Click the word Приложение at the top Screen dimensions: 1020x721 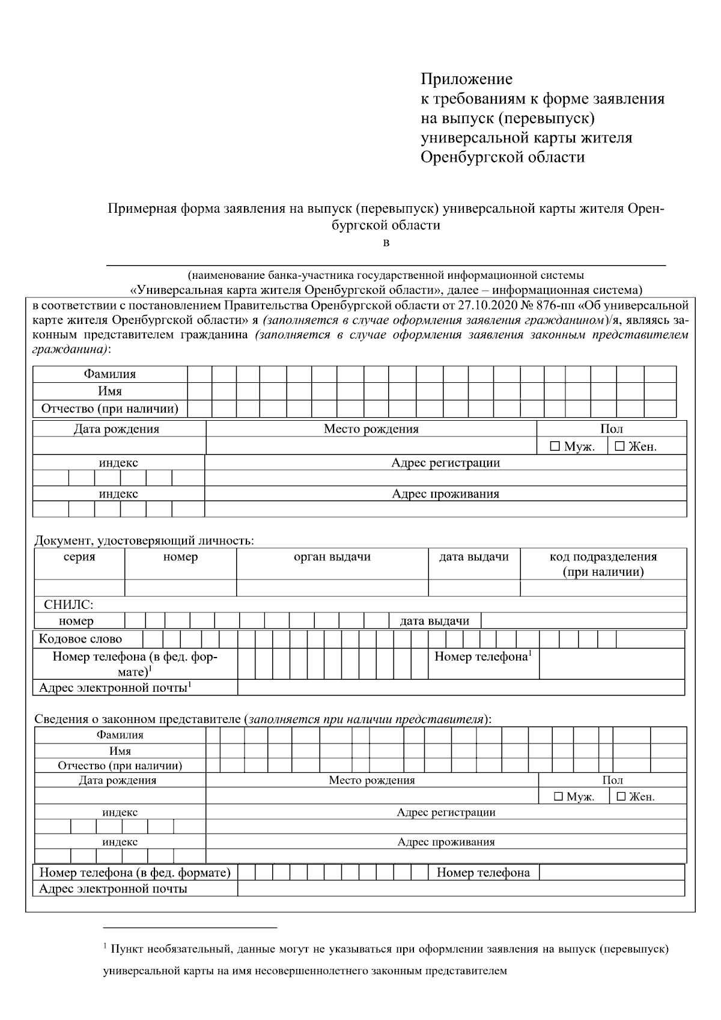pyautogui.click(x=466, y=79)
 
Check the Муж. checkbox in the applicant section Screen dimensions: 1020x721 pyautogui.click(x=555, y=447)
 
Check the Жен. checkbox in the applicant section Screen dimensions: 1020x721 pyautogui.click(x=619, y=447)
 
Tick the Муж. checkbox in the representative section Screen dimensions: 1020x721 pyautogui.click(x=558, y=796)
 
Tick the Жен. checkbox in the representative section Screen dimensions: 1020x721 pyautogui.click(x=621, y=796)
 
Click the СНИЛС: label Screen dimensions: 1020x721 pyautogui.click(x=68, y=605)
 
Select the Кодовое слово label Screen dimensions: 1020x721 pyautogui.click(x=80, y=639)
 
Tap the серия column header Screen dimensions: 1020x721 pyautogui.click(x=79, y=557)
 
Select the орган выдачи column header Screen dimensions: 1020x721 pyautogui.click(x=332, y=557)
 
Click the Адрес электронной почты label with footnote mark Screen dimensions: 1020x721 pyautogui.click(x=115, y=688)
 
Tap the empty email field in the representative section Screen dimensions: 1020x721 pyautogui.click(x=460, y=888)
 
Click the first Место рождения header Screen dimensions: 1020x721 pyautogui.click(x=371, y=429)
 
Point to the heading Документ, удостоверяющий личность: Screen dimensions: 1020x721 pyautogui.click(x=144, y=540)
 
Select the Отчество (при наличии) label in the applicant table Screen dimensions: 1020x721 pyautogui.click(x=109, y=409)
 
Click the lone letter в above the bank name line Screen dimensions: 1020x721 pyautogui.click(x=386, y=243)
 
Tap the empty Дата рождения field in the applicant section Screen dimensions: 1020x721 pyautogui.click(x=119, y=446)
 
